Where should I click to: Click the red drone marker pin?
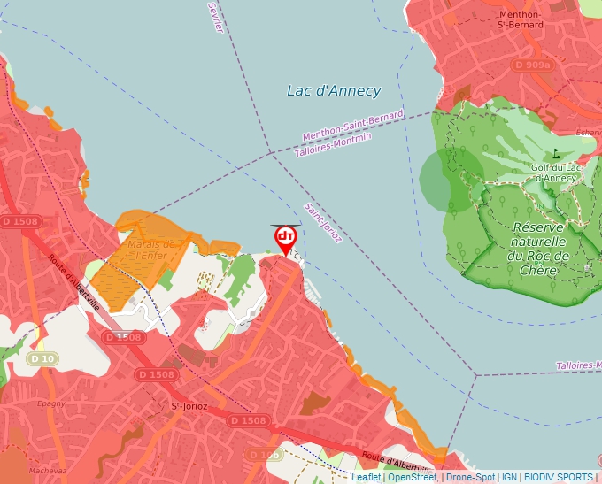tap(286, 238)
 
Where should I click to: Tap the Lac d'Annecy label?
tap(334, 91)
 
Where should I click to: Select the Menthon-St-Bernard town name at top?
tap(520, 19)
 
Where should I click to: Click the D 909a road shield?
tap(533, 65)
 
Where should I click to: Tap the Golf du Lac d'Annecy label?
tap(554, 173)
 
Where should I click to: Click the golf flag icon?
tap(556, 153)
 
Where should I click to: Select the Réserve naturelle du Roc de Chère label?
tap(539, 249)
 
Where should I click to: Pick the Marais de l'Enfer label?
tap(148, 249)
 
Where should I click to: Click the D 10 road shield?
tap(42, 358)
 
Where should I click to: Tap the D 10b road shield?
tap(265, 455)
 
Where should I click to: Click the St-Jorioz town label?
tap(189, 406)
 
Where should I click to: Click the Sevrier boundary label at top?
tap(216, 17)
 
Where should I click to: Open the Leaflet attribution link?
tap(367, 477)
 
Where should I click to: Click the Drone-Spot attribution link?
tap(471, 477)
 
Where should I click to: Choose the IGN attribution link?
tap(509, 477)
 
